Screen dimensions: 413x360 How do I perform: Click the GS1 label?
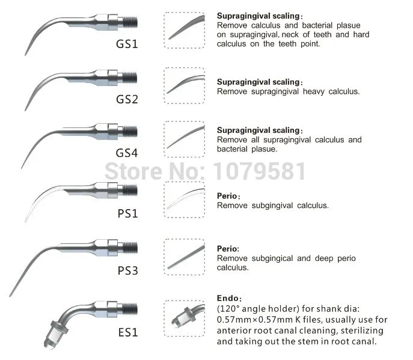coord(127,44)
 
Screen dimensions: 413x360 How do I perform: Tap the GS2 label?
coord(127,98)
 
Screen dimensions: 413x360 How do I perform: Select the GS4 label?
coord(127,153)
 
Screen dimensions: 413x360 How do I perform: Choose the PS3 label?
coord(127,270)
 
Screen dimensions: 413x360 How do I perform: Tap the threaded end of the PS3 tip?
coord(131,247)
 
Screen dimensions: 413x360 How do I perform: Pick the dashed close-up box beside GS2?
coord(185,84)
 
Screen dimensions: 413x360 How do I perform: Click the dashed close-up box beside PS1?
coord(185,198)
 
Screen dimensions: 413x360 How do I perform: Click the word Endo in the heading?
coord(228,298)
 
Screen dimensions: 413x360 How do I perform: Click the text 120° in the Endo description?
coord(231,309)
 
